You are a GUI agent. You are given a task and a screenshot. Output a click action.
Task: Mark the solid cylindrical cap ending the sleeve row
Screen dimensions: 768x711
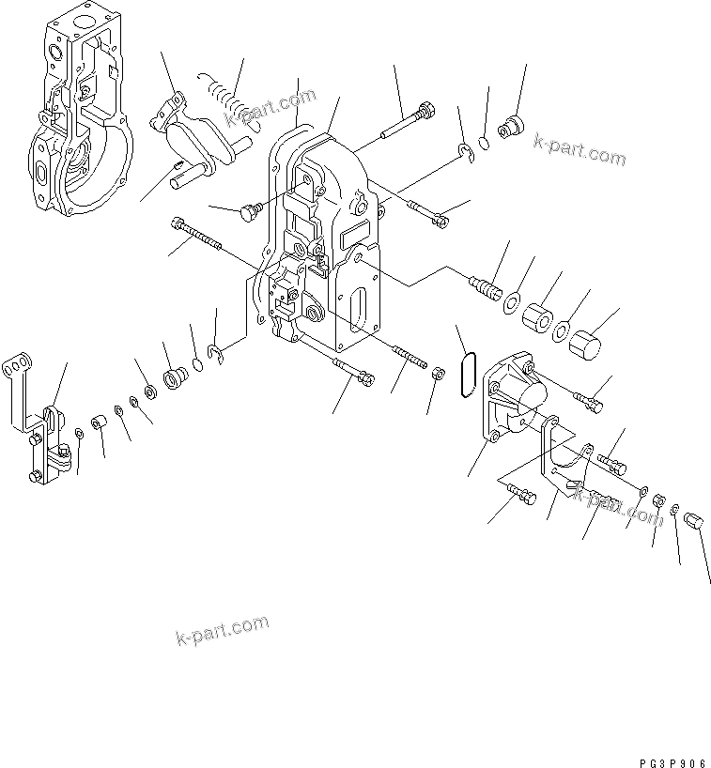[586, 345]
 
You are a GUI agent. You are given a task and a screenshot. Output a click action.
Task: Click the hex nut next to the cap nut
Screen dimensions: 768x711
[659, 498]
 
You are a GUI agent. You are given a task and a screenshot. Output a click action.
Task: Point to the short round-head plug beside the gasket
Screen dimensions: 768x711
[249, 214]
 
